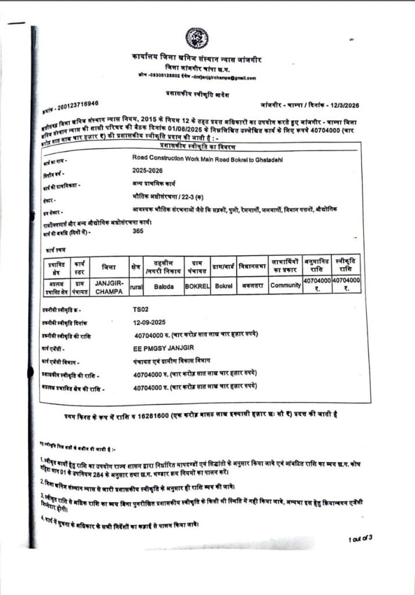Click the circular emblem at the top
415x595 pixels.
pyautogui.click(x=198, y=38)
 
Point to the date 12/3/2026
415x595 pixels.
pyautogui.click(x=347, y=104)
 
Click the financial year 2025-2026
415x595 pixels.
pyautogui.click(x=148, y=170)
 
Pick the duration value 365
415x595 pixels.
pyautogui.click(x=138, y=231)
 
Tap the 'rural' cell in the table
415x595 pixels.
pyautogui.click(x=137, y=286)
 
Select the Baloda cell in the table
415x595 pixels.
pyautogui.click(x=163, y=286)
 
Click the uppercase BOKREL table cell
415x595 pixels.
pyautogui.click(x=196, y=286)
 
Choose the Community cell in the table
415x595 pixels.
pyautogui.click(x=285, y=286)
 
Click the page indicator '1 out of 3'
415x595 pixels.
pyautogui.click(x=360, y=539)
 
